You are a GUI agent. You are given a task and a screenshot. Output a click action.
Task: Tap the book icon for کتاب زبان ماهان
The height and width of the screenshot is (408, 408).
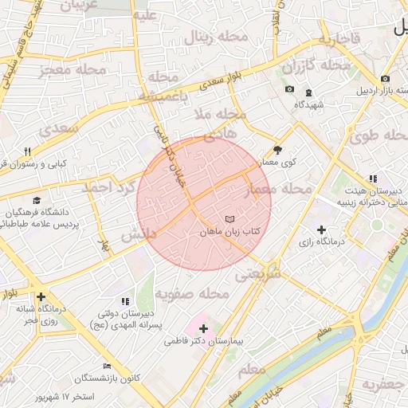230,218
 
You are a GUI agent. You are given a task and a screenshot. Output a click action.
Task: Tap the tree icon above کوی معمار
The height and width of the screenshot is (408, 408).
277,150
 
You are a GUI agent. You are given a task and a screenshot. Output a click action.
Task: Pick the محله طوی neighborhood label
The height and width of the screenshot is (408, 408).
377,136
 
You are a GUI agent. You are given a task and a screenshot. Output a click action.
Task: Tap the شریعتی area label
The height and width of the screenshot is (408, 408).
258,275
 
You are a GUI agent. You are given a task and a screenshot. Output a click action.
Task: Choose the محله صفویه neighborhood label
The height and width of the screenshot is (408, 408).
192,294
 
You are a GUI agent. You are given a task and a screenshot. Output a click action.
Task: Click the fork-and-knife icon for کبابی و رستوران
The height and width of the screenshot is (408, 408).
26,151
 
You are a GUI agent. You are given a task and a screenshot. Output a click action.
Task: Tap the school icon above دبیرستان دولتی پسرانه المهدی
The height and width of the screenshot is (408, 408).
125,301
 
